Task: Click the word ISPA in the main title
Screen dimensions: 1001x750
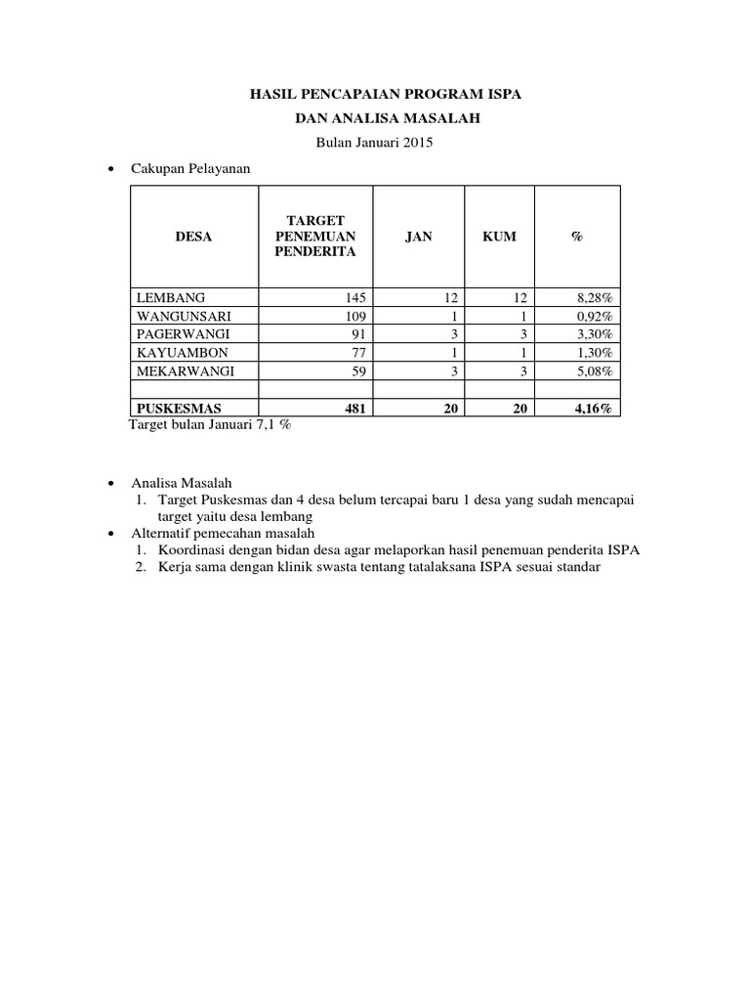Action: pyautogui.click(x=502, y=95)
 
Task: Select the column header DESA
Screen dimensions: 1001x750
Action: pyautogui.click(x=192, y=238)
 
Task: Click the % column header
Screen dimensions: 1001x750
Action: pyautogui.click(x=576, y=238)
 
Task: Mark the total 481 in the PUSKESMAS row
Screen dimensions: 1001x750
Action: pyautogui.click(x=354, y=410)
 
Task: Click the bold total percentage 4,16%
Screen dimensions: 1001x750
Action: pyautogui.click(x=593, y=410)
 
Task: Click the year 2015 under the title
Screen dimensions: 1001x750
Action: pyautogui.click(x=416, y=143)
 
